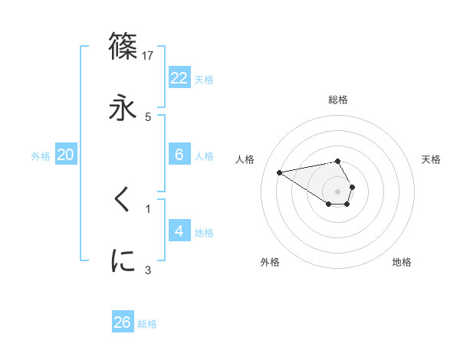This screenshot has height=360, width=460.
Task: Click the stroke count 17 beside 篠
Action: [x=149, y=55]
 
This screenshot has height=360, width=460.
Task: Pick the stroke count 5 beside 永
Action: [x=148, y=116]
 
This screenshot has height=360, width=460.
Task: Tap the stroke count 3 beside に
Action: [x=148, y=270]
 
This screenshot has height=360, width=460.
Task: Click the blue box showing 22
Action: [x=179, y=77]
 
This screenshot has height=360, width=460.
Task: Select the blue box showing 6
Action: [x=179, y=155]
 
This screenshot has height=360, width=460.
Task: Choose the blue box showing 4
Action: [x=179, y=231]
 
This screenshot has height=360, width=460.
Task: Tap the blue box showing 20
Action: [x=66, y=155]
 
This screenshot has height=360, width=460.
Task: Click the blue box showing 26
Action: [x=123, y=322]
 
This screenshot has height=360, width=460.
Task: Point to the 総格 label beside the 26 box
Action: [x=147, y=324]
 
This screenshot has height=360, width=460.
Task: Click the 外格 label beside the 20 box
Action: [x=41, y=156]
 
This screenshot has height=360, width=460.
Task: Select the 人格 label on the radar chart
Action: [x=246, y=159]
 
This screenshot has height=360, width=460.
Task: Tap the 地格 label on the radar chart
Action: [x=402, y=262]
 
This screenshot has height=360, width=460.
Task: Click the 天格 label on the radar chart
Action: [x=432, y=159]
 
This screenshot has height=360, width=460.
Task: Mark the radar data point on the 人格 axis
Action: [x=279, y=172]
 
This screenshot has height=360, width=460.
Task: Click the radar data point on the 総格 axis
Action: [x=337, y=161]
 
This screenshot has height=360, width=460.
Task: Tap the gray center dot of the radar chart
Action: [x=337, y=191]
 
